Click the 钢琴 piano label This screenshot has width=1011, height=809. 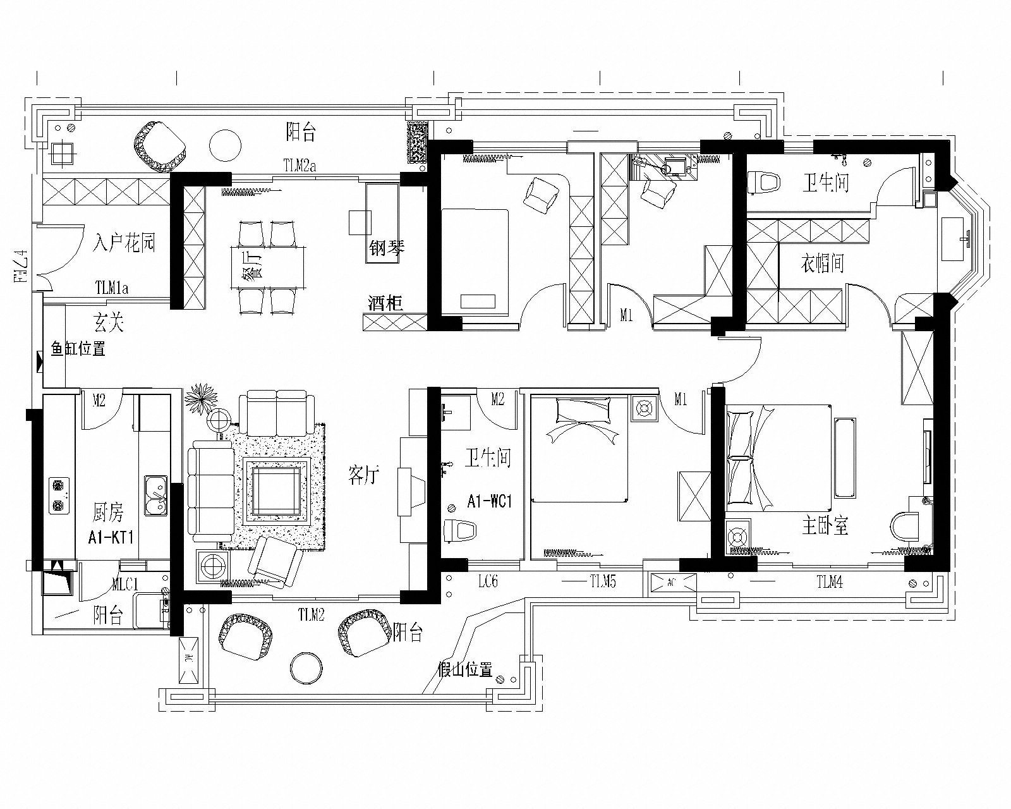[x=387, y=248]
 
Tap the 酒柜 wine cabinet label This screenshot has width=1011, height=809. [x=385, y=303]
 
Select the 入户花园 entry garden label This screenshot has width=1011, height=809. [x=124, y=243]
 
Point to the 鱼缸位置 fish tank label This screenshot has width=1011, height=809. [x=78, y=349]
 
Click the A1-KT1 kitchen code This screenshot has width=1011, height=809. [x=111, y=538]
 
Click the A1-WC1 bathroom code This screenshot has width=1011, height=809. [x=489, y=502]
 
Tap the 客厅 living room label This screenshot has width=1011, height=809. [x=364, y=475]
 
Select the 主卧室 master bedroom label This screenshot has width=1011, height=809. [x=825, y=526]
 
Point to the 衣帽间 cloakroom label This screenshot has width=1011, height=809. [x=822, y=264]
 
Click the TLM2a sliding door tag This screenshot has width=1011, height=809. [x=300, y=166]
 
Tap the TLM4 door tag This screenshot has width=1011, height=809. [x=829, y=583]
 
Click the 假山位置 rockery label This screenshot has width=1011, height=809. [x=466, y=670]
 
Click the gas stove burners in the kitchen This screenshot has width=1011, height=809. [x=58, y=496]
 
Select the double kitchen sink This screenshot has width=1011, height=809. [x=155, y=496]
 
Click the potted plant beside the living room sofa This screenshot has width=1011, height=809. [x=202, y=398]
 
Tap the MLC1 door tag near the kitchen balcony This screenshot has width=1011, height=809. [x=124, y=585]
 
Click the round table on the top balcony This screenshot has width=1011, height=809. [x=226, y=145]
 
